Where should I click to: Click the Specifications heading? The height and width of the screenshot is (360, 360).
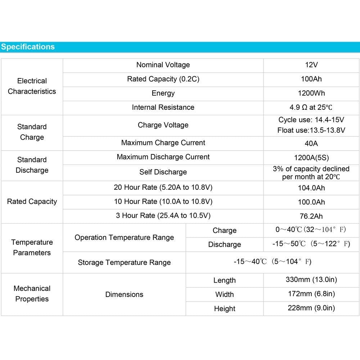coord(28,47)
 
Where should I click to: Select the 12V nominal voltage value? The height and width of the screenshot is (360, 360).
coord(311,65)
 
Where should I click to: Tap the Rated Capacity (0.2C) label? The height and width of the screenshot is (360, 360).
coord(163,79)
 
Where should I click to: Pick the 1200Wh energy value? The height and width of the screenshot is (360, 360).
coord(311,93)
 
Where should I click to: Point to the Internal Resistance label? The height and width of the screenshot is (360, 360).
coord(163,107)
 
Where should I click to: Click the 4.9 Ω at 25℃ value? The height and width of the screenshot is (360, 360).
coord(311,107)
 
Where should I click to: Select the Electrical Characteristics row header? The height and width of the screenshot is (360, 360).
coord(32,86)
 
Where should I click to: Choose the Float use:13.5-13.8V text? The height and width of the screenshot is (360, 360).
coord(311,130)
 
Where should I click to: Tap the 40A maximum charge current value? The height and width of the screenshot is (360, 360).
coord(311,143)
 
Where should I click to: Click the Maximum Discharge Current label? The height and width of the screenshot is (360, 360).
coord(163,157)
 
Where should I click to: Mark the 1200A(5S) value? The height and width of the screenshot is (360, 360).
coord(311,158)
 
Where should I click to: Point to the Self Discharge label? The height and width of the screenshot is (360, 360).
coord(163,172)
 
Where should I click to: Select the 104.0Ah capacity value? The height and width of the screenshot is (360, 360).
coord(311,188)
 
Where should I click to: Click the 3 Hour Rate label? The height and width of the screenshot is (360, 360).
coord(163,216)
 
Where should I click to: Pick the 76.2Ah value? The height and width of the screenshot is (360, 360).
coord(311,216)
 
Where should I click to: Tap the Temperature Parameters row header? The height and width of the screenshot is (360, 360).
coord(32,247)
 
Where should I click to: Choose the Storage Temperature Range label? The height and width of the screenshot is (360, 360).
coord(124,262)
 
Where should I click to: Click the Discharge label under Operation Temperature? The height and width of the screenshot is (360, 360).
coord(224,245)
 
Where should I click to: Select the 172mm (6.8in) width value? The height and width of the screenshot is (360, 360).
coord(311,294)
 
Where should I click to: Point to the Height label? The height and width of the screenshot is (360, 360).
coord(224,309)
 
